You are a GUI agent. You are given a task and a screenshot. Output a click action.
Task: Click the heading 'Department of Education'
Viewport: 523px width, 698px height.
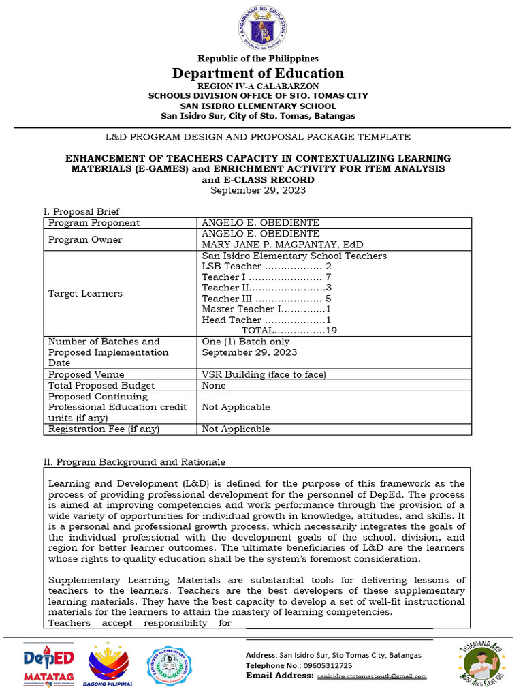[x=258, y=73]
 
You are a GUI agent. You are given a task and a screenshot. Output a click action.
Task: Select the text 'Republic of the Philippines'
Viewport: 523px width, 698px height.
[x=258, y=59]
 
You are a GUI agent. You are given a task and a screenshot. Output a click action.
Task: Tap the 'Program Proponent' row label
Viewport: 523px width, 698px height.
[x=94, y=223]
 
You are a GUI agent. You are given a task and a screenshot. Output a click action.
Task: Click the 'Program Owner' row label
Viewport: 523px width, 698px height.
[x=85, y=239]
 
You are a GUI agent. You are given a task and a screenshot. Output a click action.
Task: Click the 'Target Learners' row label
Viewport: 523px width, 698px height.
[x=85, y=293]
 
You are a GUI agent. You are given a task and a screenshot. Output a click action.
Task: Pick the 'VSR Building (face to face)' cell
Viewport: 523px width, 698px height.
[x=264, y=374]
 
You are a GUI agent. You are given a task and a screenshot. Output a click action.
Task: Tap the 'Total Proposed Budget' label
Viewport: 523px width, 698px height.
[x=98, y=385]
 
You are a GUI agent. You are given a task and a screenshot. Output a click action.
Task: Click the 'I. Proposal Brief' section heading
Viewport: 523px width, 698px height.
[x=82, y=211]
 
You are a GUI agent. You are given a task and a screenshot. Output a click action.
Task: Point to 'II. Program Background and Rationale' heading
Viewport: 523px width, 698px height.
[x=134, y=462]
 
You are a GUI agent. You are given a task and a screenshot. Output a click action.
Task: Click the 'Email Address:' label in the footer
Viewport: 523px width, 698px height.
[x=279, y=676]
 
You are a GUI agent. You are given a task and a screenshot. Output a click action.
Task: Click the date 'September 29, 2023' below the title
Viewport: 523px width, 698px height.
[x=258, y=190]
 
